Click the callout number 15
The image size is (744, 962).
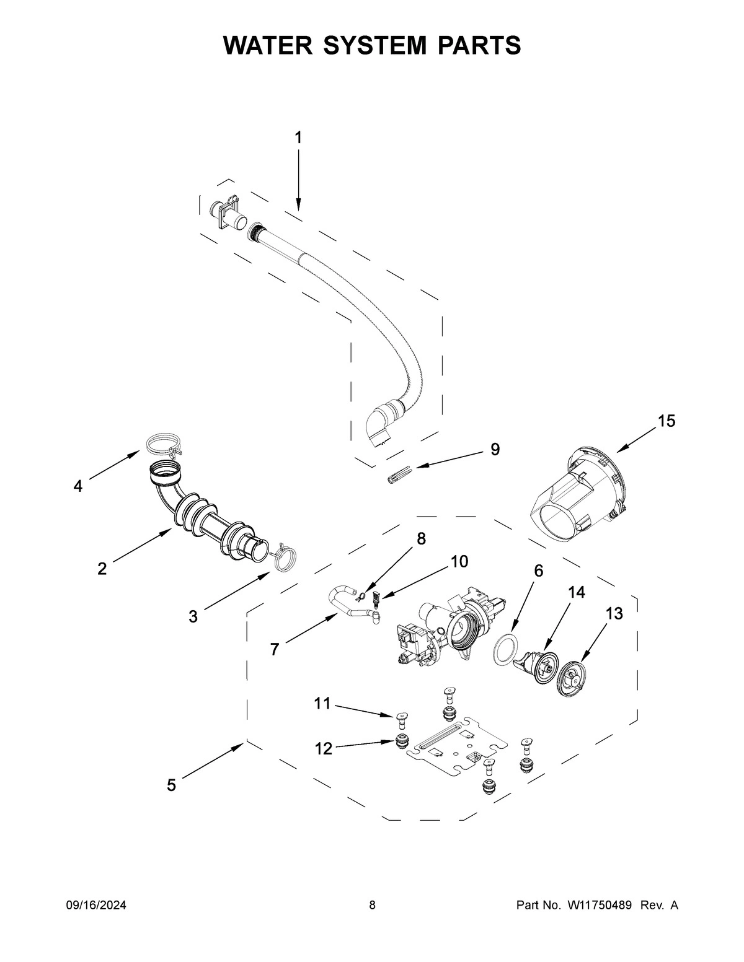[666, 421]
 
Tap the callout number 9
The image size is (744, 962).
[495, 449]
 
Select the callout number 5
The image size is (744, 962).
[171, 785]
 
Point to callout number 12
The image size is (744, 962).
[323, 748]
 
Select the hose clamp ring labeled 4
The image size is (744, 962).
[161, 445]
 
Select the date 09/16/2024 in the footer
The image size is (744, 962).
[96, 906]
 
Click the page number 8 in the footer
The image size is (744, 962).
[372, 906]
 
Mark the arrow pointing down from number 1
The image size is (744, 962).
[298, 180]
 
